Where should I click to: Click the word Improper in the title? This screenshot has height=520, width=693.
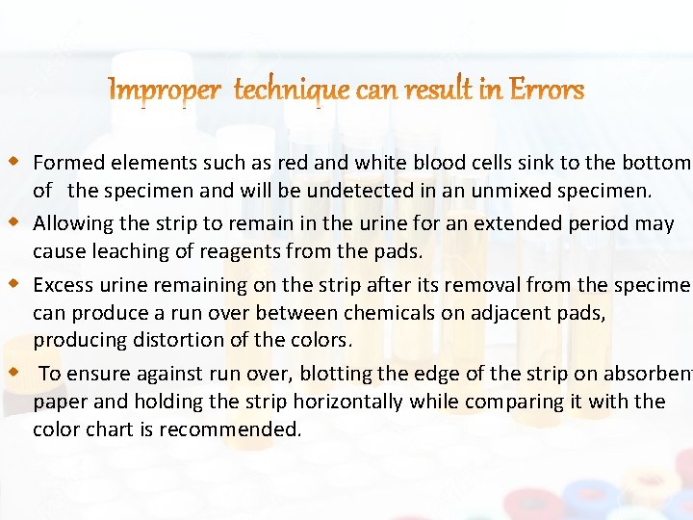pyautogui.click(x=166, y=91)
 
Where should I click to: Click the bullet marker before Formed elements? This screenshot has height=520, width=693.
pyautogui.click(x=14, y=160)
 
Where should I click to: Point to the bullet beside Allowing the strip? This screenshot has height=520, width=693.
pyautogui.click(x=14, y=221)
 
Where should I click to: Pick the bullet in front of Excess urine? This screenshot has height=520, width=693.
pyautogui.click(x=14, y=283)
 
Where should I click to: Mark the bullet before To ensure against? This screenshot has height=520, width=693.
pyautogui.click(x=14, y=371)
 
